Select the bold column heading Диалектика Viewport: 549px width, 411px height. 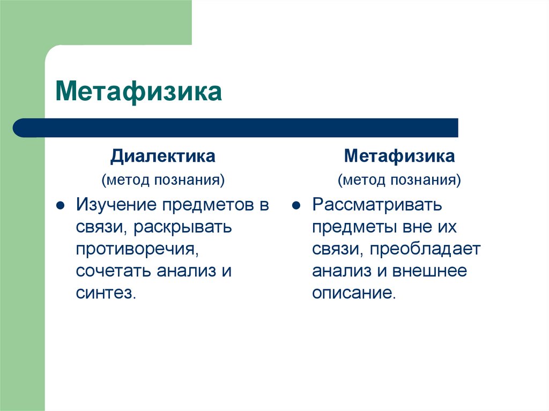tap(163, 156)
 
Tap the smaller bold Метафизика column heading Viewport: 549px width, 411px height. tap(399, 156)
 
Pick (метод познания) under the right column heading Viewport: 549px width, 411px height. tap(399, 180)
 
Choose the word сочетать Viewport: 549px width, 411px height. tap(114, 271)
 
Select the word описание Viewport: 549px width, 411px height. tap(353, 293)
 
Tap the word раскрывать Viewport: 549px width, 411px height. tap(183, 227)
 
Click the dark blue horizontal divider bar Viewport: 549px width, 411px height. tap(236, 128)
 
